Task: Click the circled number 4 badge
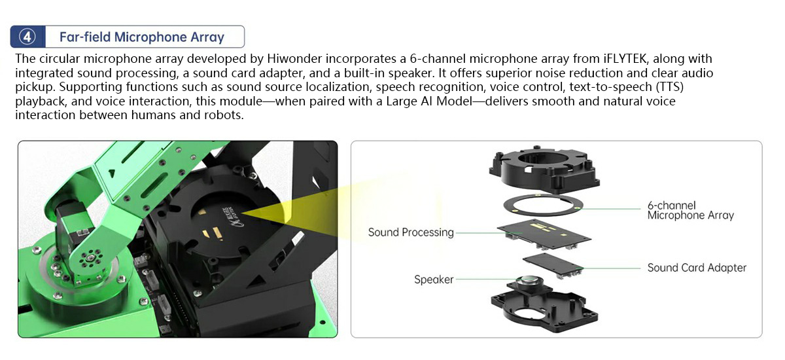point(27,37)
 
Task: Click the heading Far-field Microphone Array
point(141,37)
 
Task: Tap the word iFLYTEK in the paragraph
point(625,58)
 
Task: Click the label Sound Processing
point(411,232)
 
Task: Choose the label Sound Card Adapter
point(697,268)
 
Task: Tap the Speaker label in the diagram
point(434,279)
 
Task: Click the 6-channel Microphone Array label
point(690,210)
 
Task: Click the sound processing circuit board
point(544,234)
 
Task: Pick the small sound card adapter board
point(552,265)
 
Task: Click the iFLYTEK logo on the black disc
point(230,217)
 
